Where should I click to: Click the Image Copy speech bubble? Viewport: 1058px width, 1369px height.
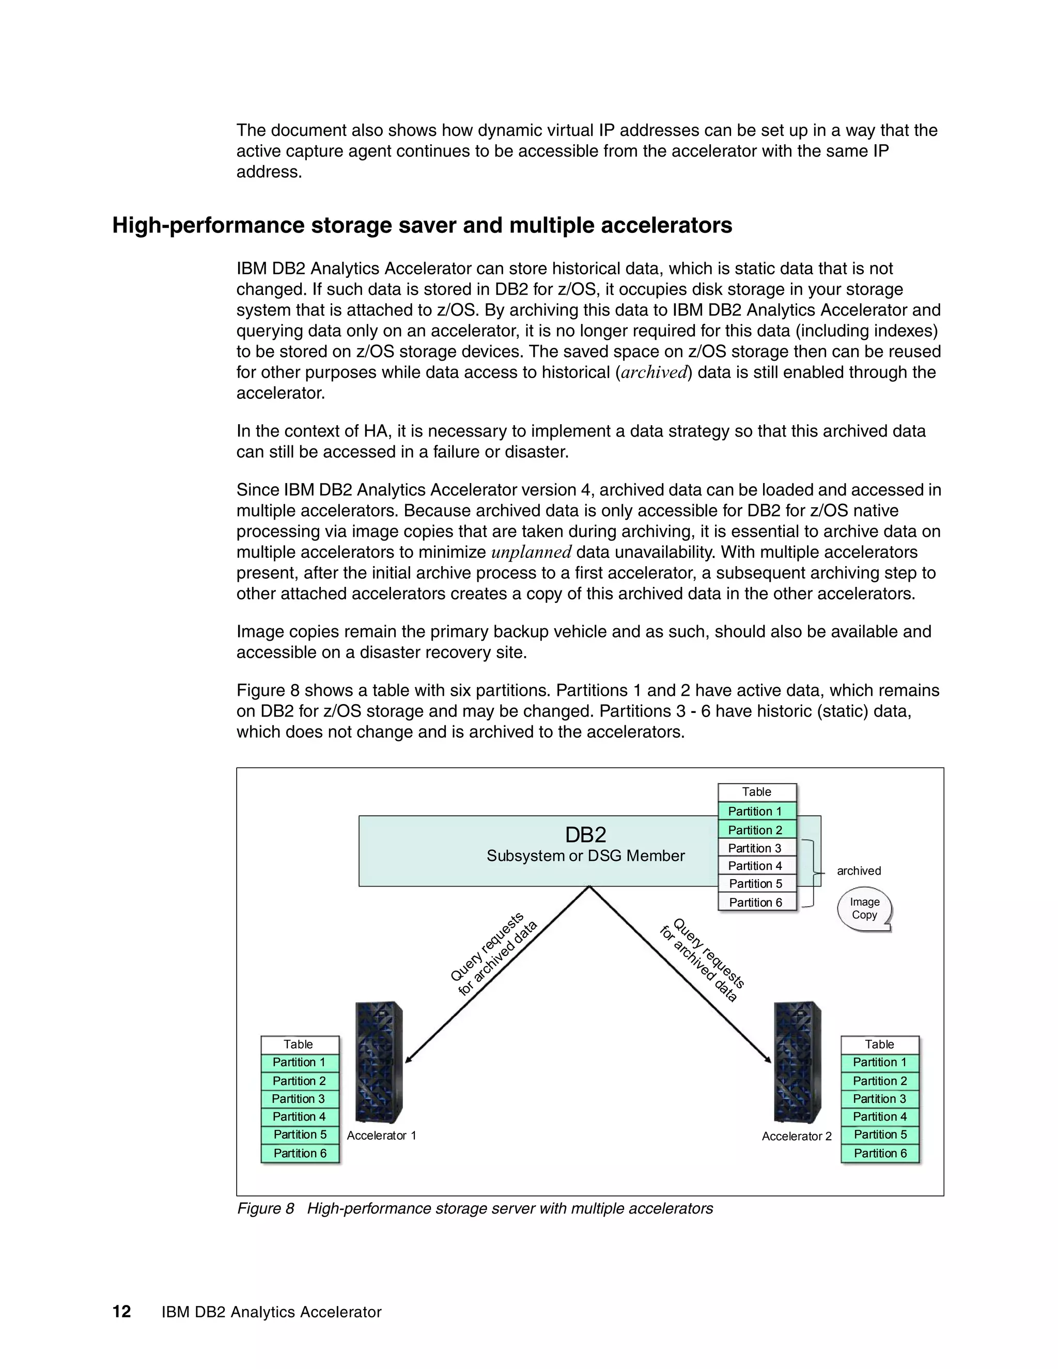tap(864, 908)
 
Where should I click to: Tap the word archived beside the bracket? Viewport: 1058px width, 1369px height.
tap(859, 870)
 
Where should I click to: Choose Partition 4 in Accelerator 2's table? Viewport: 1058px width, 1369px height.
tap(879, 1116)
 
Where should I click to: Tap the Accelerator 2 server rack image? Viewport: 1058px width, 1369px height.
tap(797, 1063)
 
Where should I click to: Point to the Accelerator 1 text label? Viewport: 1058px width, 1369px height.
tap(381, 1135)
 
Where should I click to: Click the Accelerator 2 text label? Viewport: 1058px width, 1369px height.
tap(796, 1137)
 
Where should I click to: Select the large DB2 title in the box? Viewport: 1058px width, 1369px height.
tap(585, 835)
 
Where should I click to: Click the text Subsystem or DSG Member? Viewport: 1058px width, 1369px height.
tap(585, 855)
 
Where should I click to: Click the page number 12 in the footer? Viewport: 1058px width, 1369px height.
tap(121, 1311)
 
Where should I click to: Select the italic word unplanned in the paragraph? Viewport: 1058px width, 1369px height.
tap(531, 552)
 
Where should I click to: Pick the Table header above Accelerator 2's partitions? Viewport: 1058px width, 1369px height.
tap(879, 1044)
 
